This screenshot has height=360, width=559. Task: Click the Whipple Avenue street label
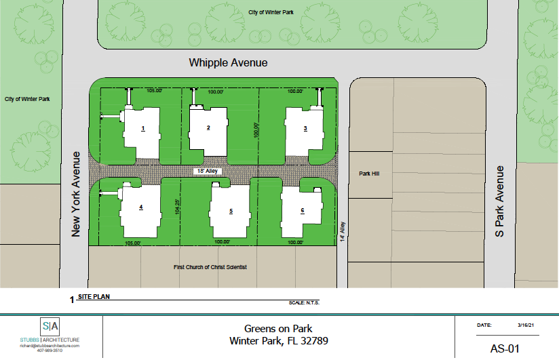click(x=228, y=63)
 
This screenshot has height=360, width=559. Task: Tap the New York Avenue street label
click(x=75, y=195)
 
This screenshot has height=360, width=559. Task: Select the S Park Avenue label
click(x=499, y=201)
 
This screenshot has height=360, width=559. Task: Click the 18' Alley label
click(x=208, y=171)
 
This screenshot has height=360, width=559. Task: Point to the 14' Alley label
click(x=343, y=232)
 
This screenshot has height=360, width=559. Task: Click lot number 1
click(x=143, y=128)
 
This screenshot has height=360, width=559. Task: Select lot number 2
click(x=208, y=127)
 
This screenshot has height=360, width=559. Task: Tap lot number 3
click(x=305, y=128)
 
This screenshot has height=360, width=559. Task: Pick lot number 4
click(x=141, y=207)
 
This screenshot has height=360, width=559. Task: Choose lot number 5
click(x=231, y=212)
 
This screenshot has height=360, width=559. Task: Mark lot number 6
click(x=303, y=211)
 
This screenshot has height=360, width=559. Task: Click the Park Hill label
click(x=369, y=174)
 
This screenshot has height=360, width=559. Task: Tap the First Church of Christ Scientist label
click(x=210, y=267)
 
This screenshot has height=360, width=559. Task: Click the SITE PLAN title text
click(x=94, y=296)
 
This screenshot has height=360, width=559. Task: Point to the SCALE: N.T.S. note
click(x=304, y=303)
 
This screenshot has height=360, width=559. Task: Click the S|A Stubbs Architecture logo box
click(x=50, y=326)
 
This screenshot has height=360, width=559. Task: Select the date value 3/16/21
click(x=526, y=325)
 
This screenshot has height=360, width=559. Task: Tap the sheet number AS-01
click(x=505, y=348)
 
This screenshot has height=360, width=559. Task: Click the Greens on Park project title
click(x=278, y=329)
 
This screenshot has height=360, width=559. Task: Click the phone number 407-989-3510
click(x=50, y=351)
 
